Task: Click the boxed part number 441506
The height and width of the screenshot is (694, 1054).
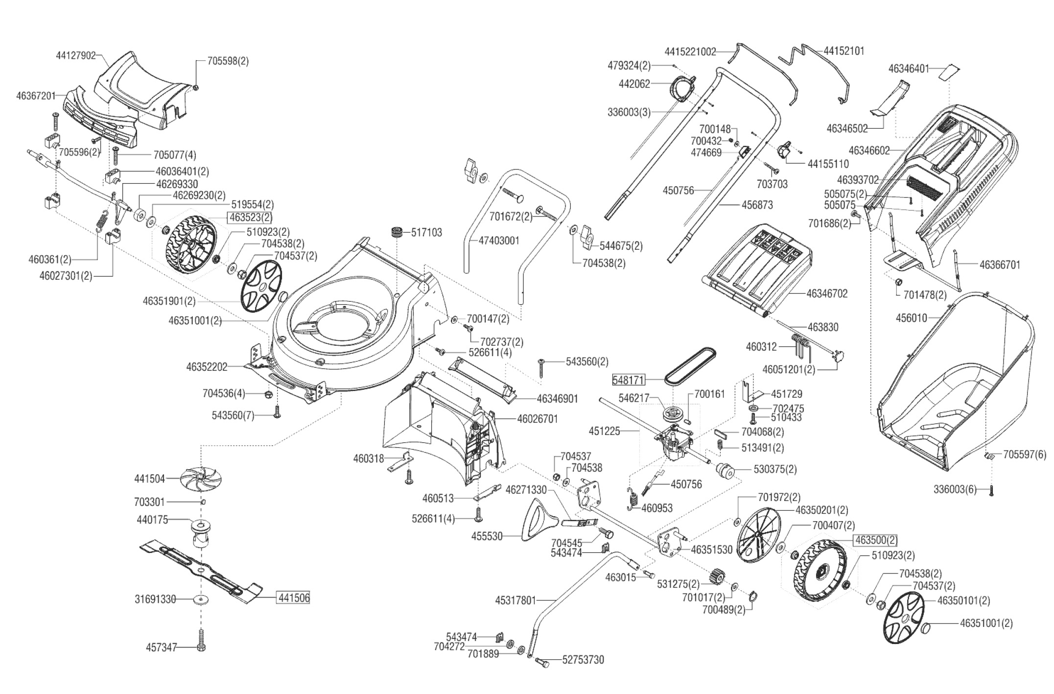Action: (x=294, y=598)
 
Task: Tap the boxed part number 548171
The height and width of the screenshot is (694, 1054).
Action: (x=629, y=380)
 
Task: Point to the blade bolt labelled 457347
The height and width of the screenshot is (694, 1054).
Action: (x=201, y=639)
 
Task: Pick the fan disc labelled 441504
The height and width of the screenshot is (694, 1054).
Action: (x=201, y=478)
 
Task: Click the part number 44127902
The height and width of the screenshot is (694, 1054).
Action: (x=76, y=56)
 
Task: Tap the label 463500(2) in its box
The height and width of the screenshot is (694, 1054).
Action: (x=876, y=540)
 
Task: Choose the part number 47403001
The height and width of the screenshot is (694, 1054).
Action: (x=499, y=241)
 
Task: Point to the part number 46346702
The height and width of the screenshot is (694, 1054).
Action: (x=827, y=293)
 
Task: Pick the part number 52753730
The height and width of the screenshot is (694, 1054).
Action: (x=583, y=660)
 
